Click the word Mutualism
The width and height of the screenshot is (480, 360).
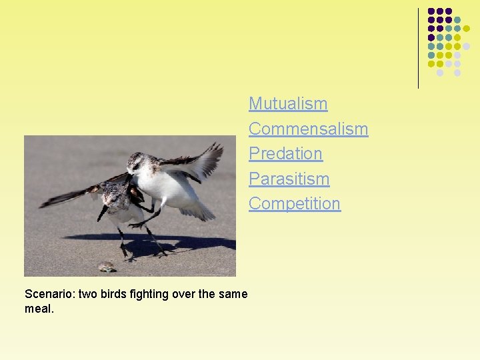[x=288, y=104]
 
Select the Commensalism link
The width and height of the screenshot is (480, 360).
[x=308, y=129]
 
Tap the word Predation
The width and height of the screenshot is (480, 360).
[x=285, y=153]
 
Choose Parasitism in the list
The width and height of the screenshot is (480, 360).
[x=289, y=179]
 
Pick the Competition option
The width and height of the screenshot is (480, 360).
[x=294, y=203]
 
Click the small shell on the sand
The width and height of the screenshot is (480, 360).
[x=106, y=267]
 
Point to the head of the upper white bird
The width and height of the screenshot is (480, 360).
[x=137, y=161]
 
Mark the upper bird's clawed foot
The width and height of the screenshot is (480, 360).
[x=137, y=225]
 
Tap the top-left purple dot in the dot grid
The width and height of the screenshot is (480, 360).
[x=431, y=11]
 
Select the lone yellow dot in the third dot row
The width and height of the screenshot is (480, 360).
[x=466, y=29]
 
